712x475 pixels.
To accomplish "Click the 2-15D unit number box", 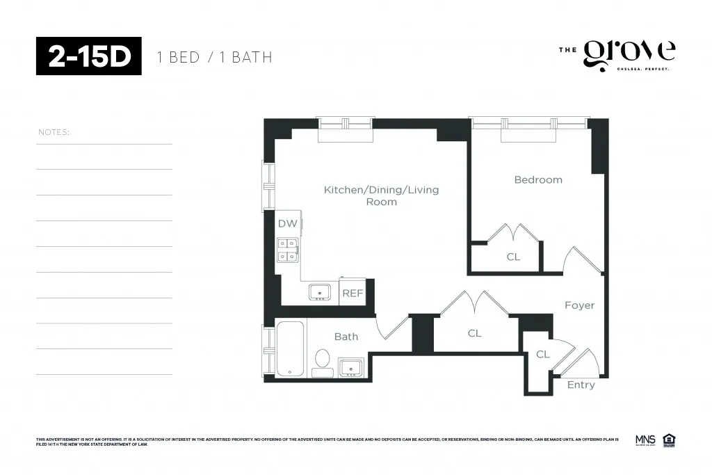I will click(89, 56).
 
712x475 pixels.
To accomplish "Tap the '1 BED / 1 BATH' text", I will click(214, 57).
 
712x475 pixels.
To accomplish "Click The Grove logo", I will click(617, 55).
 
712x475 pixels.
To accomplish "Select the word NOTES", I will click(54, 132).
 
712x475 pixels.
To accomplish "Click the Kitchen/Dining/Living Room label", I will click(381, 195).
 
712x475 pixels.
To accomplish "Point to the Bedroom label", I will click(537, 180).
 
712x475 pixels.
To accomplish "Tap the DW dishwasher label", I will click(286, 224).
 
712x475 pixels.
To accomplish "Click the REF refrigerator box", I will click(353, 293).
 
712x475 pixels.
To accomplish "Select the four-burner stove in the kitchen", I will click(288, 250).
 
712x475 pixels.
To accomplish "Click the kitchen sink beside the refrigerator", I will click(320, 291).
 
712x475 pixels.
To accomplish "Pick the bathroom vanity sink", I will click(351, 367).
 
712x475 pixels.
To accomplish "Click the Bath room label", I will click(346, 337).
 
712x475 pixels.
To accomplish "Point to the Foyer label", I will click(579, 305).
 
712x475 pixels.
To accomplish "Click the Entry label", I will click(581, 385).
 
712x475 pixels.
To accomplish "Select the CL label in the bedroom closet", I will click(512, 257).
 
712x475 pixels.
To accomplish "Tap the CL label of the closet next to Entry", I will click(542, 355).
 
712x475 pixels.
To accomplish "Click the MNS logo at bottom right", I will click(645, 440).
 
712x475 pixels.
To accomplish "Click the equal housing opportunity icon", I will click(669, 440).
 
